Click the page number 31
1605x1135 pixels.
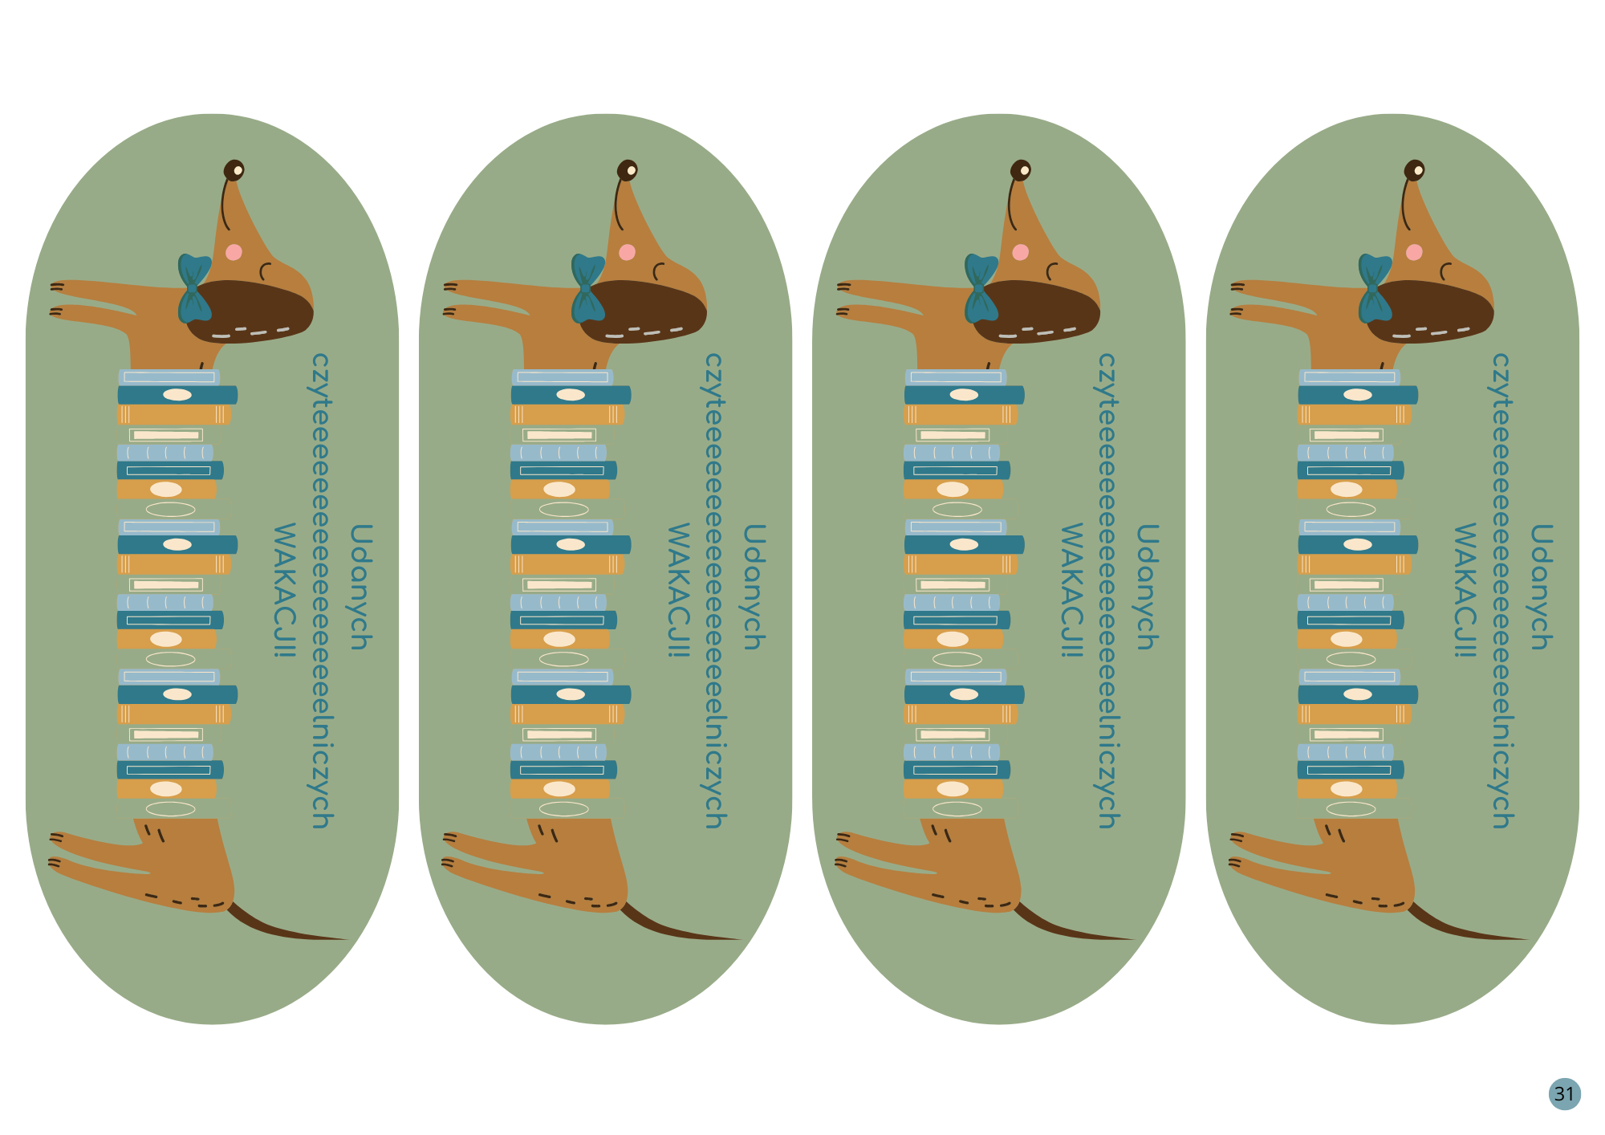click(x=1564, y=1093)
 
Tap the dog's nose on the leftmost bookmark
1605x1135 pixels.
click(x=234, y=170)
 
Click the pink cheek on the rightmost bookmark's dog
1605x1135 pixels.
click(x=1414, y=252)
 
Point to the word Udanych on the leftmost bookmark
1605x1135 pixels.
click(x=360, y=587)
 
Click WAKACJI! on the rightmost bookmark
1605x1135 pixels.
click(x=1465, y=590)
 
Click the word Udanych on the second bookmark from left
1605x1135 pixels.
click(x=754, y=587)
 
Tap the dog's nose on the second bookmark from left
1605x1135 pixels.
click(x=627, y=170)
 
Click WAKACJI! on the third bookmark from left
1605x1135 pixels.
click(x=1072, y=590)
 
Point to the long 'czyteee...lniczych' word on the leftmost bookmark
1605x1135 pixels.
click(x=321, y=590)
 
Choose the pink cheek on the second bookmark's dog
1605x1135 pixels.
click(x=627, y=252)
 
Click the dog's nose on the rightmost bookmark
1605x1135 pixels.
click(x=1414, y=170)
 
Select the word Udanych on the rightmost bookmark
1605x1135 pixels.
click(x=1541, y=587)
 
